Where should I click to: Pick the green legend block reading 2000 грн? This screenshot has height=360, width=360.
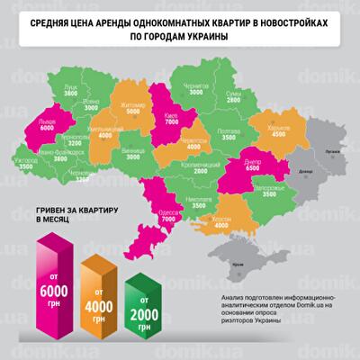[146, 301]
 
